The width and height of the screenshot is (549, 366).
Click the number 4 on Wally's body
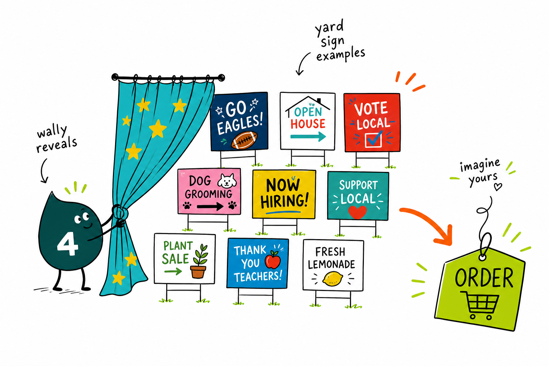pyautogui.click(x=68, y=244)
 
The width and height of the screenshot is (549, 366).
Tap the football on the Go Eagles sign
pyautogui.click(x=244, y=140)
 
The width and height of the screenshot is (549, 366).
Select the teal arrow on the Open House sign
pyautogui.click(x=308, y=136)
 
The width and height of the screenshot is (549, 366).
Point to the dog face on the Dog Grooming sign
pyautogui.click(x=227, y=180)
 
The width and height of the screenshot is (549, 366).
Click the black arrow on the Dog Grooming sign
pyautogui.click(x=210, y=207)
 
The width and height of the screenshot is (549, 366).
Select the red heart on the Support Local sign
pyautogui.click(x=357, y=212)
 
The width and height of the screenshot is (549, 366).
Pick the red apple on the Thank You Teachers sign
pyautogui.click(x=273, y=260)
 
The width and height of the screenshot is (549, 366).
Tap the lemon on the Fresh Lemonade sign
pyautogui.click(x=333, y=279)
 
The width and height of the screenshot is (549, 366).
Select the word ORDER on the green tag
pyautogui.click(x=484, y=277)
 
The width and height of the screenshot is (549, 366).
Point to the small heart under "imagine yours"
pyautogui.click(x=498, y=187)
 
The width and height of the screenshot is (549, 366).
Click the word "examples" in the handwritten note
pyautogui.click(x=341, y=54)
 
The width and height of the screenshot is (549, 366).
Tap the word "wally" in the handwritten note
pyautogui.click(x=52, y=131)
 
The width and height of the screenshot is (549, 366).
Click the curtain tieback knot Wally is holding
pyautogui.click(x=120, y=212)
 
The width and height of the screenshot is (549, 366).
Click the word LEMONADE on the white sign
pyautogui.click(x=332, y=264)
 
